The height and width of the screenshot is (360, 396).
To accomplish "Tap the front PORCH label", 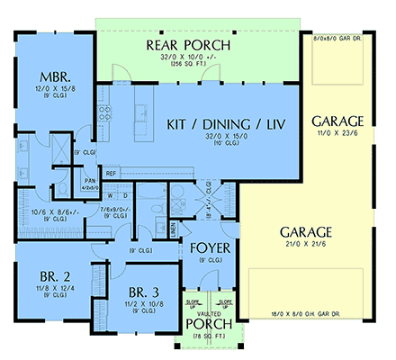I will click(210, 324).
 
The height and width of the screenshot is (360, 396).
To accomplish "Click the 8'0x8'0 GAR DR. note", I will click(337, 39).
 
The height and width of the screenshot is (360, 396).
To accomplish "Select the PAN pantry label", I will click(91, 181).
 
